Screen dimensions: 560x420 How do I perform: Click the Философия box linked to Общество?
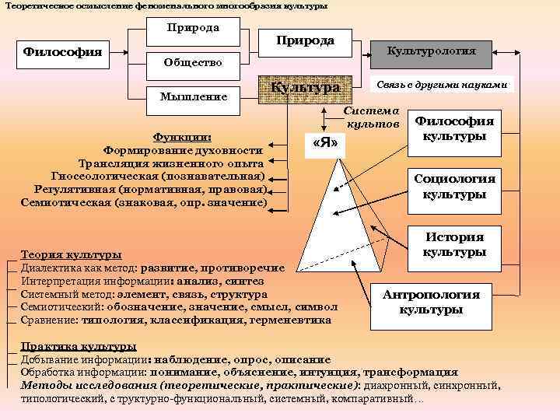click(62, 52)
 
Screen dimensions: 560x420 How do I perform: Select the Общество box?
click(193, 62)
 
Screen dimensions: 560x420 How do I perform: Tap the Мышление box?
click(193, 96)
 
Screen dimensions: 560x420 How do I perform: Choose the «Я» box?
click(324, 144)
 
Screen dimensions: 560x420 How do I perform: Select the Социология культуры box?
click(454, 187)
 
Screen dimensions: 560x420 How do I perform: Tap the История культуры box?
click(454, 245)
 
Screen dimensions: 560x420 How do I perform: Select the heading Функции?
click(183, 137)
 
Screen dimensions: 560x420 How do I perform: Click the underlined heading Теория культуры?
click(71, 254)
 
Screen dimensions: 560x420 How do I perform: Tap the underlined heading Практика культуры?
click(79, 347)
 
